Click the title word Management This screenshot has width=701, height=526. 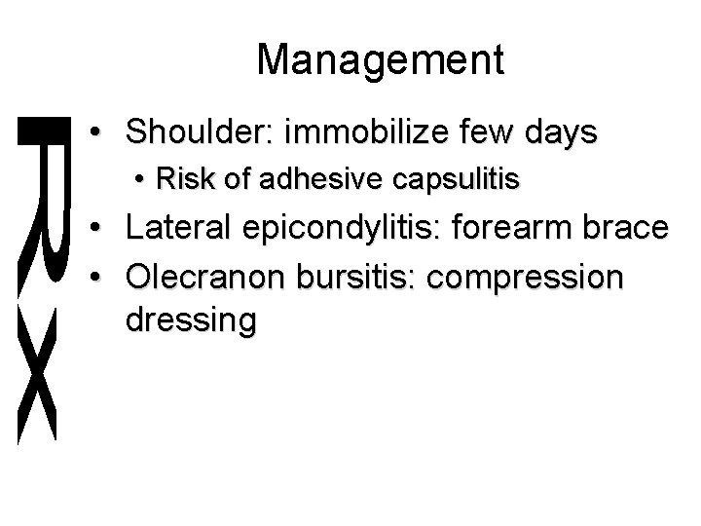(381, 60)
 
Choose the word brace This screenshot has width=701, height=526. (634, 229)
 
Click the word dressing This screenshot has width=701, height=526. (191, 322)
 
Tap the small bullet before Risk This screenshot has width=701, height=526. (142, 180)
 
